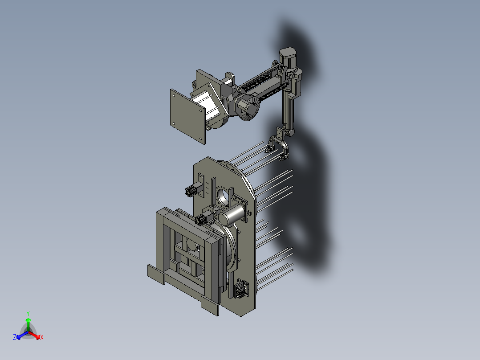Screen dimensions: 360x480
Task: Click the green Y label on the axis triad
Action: point(28,313)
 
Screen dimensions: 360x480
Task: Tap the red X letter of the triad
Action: point(42,338)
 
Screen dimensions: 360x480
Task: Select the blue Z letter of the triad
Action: point(15,338)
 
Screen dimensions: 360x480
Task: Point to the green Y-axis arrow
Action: point(28,323)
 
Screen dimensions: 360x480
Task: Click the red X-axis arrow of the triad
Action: point(36,335)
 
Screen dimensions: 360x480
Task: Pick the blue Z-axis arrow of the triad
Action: point(20,335)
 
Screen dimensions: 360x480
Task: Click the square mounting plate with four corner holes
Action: point(187,115)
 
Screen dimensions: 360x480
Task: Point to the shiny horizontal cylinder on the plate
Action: point(234,215)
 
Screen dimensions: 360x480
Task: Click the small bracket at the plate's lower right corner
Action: point(242,288)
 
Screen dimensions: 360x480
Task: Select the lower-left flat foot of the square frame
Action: point(156,274)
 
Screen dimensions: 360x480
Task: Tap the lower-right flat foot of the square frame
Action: point(210,306)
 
